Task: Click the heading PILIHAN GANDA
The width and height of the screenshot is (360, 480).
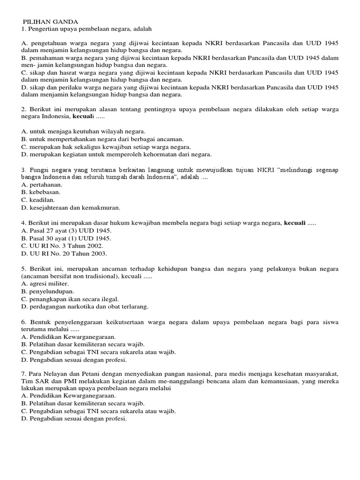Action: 51,22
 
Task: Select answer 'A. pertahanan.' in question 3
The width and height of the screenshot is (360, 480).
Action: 41,185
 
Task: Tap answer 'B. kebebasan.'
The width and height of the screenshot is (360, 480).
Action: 41,192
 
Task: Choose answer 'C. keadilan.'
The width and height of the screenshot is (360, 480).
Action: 38,200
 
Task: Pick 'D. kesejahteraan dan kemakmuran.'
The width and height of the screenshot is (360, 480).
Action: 71,207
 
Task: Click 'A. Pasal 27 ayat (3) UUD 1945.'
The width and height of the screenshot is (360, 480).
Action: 67,231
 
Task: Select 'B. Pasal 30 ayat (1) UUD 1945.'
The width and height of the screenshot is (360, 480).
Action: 67,238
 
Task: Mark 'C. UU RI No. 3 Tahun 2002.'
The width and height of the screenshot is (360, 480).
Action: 62,246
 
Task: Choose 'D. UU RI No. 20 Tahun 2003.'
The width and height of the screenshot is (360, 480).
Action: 64,254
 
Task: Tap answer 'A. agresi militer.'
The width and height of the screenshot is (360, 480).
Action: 45,284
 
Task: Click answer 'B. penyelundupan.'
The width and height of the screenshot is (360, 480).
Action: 48,291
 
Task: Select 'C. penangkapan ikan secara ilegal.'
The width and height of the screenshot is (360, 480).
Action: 70,299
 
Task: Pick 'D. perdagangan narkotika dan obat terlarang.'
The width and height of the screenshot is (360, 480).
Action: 85,307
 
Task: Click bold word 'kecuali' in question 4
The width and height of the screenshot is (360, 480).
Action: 295,223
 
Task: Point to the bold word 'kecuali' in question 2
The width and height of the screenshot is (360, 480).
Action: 84,116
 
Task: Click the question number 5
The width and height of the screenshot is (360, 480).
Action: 23,269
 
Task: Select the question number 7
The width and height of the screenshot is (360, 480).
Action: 23,374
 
